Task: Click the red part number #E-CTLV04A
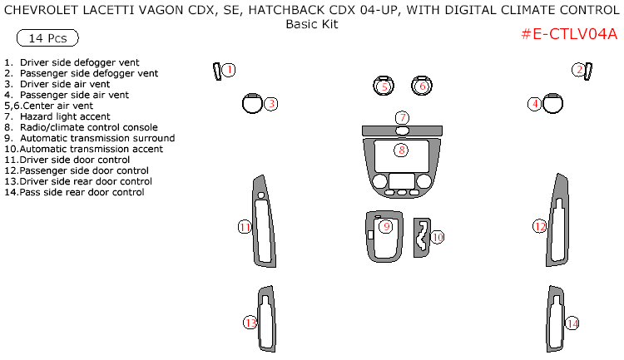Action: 569,34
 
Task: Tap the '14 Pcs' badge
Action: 47,39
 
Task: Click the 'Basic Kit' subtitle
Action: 312,24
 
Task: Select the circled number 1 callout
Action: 229,70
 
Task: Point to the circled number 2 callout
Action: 577,70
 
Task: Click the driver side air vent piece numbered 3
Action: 252,103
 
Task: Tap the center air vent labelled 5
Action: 384,86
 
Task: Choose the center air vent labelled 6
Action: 422,86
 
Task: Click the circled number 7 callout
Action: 402,117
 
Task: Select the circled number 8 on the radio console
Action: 402,150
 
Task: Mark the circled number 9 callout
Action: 385,226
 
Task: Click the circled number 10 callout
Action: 437,237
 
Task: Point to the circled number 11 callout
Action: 245,227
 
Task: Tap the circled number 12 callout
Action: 540,226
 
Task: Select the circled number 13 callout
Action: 250,323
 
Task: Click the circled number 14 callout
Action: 572,323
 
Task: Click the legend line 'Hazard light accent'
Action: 62,116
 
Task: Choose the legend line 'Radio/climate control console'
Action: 82,127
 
